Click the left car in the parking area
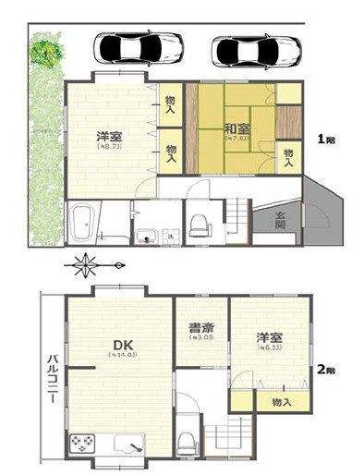138,46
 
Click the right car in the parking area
256,51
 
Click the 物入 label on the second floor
282,402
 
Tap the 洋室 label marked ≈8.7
110,139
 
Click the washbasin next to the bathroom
147,237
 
